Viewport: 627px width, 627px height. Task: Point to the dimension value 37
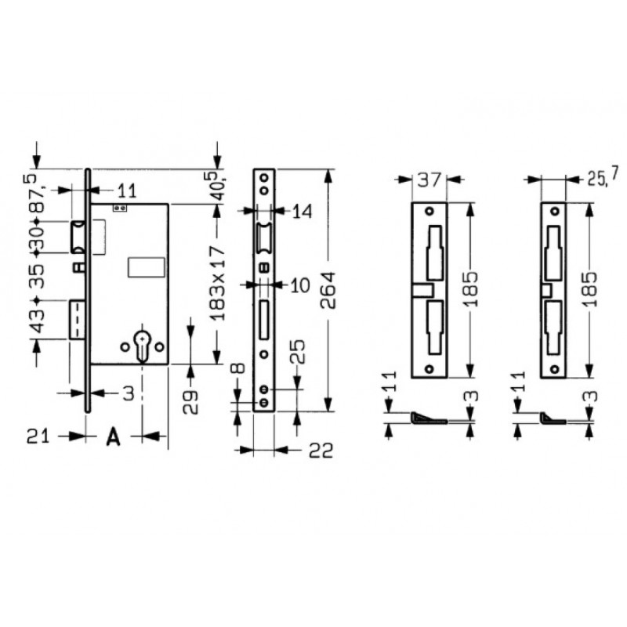pos(427,180)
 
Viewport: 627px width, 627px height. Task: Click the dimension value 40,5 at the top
pos(219,186)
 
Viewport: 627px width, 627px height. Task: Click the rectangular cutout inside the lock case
pos(146,266)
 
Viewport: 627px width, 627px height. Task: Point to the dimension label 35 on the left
pos(34,277)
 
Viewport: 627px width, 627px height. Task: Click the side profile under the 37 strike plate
pos(427,419)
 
